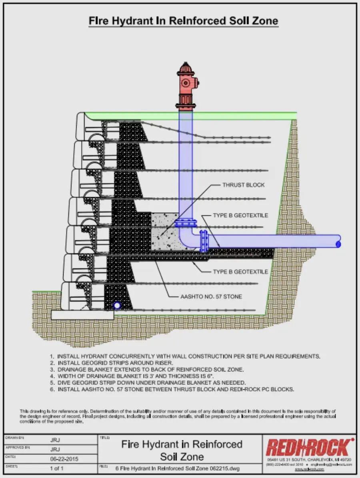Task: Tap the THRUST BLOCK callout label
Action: pyautogui.click(x=243, y=185)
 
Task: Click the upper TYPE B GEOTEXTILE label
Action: pyautogui.click(x=240, y=215)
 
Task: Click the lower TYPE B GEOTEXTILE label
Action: pyautogui.click(x=240, y=272)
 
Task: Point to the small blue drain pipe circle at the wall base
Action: pyautogui.click(x=117, y=306)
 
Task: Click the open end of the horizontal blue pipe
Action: pyautogui.click(x=338, y=243)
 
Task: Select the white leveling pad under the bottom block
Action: pyautogui.click(x=82, y=315)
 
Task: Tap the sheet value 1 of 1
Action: pyautogui.click(x=56, y=468)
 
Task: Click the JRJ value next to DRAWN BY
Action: pyautogui.click(x=55, y=440)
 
